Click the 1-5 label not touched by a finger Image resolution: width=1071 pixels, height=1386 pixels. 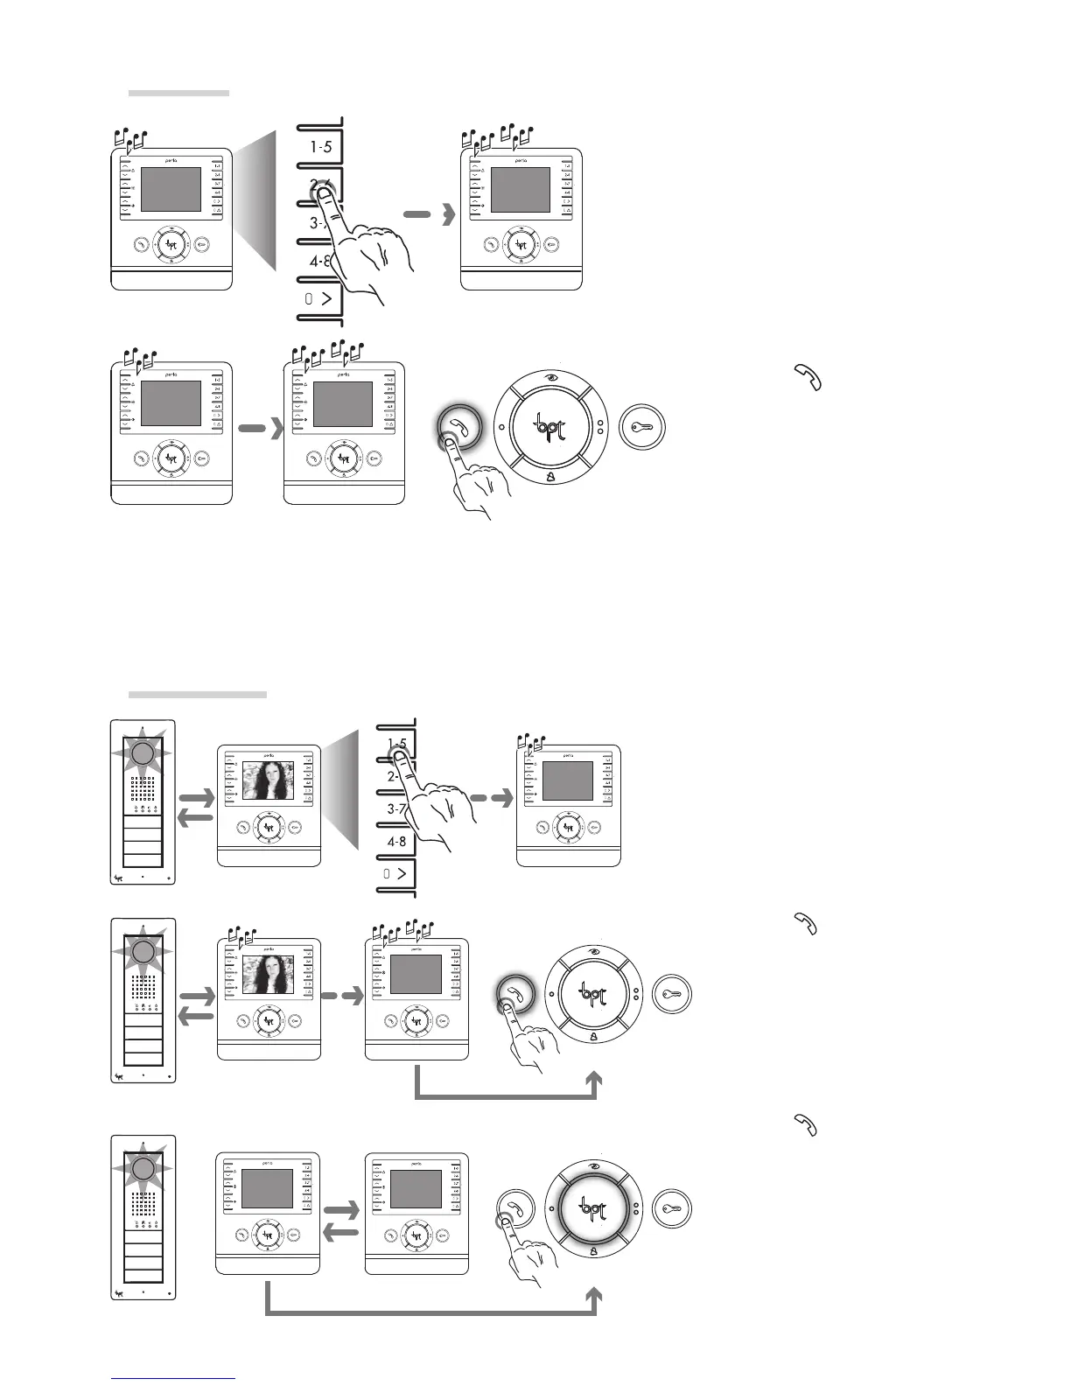tap(320, 147)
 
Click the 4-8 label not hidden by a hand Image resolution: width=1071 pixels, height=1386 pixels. tap(396, 842)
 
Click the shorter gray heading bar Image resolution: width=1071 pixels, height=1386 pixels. tap(178, 92)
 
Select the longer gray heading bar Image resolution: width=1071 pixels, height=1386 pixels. tap(197, 695)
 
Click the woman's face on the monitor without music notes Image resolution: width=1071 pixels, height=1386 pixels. tap(268, 780)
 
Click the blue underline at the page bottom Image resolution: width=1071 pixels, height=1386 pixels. tap(174, 1380)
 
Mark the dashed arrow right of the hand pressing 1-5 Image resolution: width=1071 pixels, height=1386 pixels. tap(490, 798)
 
